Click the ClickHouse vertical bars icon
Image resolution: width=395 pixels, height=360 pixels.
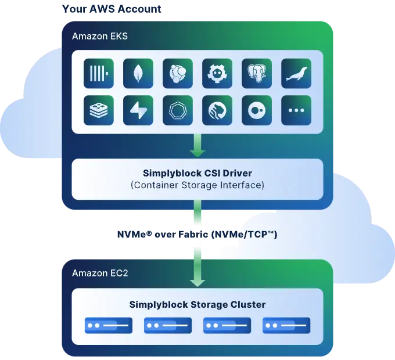point(99,73)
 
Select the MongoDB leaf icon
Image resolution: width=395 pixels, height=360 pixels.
point(138,73)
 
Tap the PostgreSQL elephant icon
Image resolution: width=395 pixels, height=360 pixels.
point(257,73)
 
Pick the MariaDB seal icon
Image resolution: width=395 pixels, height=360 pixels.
point(296,73)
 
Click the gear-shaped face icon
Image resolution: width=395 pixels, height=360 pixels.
point(217,73)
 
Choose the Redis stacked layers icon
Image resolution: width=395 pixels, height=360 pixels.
point(99,110)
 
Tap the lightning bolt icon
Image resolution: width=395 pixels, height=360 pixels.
point(138,110)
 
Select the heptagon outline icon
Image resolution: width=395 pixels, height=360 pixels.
point(178,110)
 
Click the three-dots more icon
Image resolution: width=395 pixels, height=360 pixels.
point(296,110)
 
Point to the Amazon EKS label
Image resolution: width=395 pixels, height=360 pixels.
point(100,37)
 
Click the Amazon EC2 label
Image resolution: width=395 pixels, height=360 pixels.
point(100,273)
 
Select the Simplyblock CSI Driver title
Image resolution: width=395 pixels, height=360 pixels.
point(197,173)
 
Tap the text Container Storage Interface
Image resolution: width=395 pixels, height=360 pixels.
point(197,185)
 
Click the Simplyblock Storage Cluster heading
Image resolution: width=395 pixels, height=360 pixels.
point(197,304)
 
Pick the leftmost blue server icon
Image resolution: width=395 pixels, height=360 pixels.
point(108,326)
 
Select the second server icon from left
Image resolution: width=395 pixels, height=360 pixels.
point(167,326)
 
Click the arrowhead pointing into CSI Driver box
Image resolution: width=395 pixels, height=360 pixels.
point(198,153)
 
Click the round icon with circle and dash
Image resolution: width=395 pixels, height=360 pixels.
point(257,110)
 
